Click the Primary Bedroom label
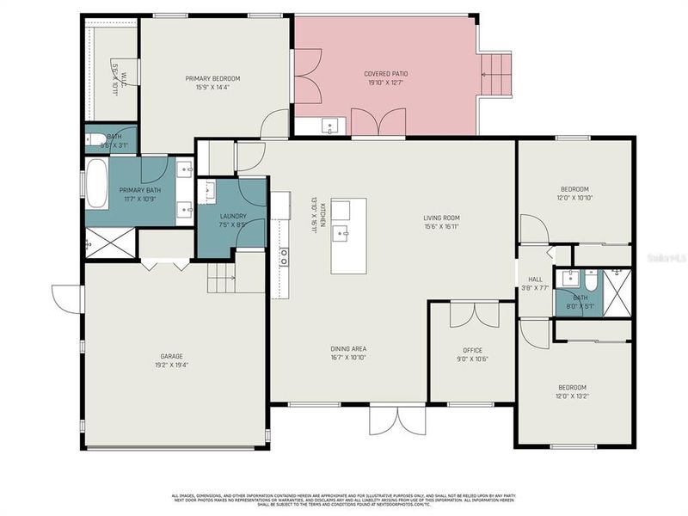click(x=212, y=78)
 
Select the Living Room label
click(x=441, y=218)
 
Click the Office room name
click(x=472, y=350)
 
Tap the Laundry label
click(x=233, y=217)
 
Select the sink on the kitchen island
click(x=341, y=232)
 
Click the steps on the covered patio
click(x=494, y=75)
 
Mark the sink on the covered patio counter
click(x=329, y=127)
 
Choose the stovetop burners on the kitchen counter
click(x=283, y=255)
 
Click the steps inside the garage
click(x=222, y=278)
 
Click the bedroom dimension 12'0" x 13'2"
click(x=574, y=397)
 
